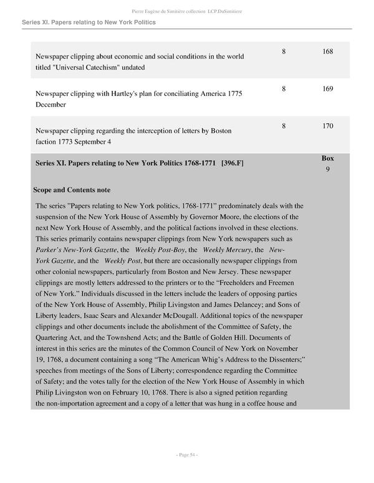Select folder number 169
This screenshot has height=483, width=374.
tap(327, 88)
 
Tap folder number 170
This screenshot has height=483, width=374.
tap(327, 126)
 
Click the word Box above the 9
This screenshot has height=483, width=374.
tap(327, 159)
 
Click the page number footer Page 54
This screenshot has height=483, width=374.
tap(186, 455)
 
